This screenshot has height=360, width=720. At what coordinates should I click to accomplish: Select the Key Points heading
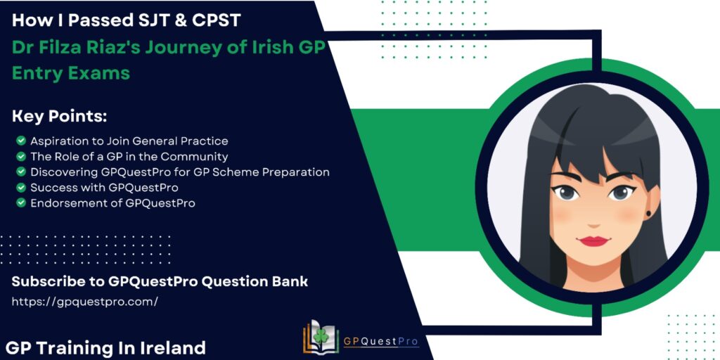pyautogui.click(x=59, y=117)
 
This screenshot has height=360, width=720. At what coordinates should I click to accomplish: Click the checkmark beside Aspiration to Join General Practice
pyautogui.click(x=20, y=141)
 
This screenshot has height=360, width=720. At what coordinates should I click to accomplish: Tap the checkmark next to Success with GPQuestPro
pyautogui.click(x=20, y=187)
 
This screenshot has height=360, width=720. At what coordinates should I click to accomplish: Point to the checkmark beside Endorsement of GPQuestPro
pyautogui.click(x=20, y=202)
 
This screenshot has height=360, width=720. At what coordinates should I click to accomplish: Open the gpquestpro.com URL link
pyautogui.click(x=85, y=302)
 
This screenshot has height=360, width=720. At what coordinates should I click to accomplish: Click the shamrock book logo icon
pyautogui.click(x=321, y=337)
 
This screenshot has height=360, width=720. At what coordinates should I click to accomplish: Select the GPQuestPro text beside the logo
pyautogui.click(x=381, y=342)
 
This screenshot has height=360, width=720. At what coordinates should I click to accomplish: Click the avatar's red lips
pyautogui.click(x=593, y=240)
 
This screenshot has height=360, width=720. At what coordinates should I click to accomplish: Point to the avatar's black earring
pyautogui.click(x=649, y=214)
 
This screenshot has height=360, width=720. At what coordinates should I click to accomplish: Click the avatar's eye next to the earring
pyautogui.click(x=621, y=193)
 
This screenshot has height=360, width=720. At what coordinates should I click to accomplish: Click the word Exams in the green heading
pyautogui.click(x=101, y=73)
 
